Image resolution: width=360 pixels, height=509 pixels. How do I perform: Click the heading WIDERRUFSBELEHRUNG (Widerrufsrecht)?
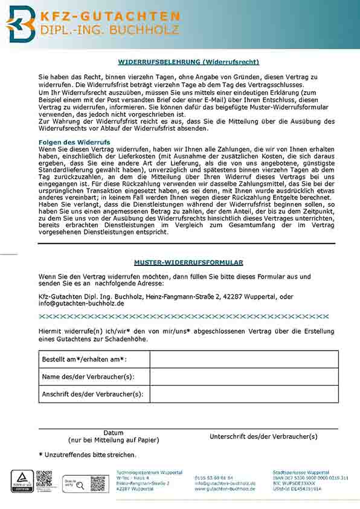(188, 61)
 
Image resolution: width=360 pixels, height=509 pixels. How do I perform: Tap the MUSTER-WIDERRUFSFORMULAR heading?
(188, 262)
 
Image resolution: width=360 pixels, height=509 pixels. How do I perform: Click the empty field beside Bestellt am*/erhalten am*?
(243, 359)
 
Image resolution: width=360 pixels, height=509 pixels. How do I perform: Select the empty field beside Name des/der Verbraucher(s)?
(243, 377)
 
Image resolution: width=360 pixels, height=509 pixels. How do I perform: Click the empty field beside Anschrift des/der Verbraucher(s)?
(243, 394)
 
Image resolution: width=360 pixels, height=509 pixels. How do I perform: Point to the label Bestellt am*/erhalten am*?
(85, 360)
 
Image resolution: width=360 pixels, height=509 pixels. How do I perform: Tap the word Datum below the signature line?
(114, 433)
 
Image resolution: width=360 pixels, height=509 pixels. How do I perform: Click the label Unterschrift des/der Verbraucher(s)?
(263, 436)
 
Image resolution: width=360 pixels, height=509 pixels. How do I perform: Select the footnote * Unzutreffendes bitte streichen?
(88, 454)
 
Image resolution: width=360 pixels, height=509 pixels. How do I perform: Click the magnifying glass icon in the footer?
(80, 485)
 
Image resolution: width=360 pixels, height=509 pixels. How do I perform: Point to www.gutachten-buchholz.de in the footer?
(225, 489)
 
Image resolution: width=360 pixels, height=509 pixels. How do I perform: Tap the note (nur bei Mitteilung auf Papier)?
(114, 440)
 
